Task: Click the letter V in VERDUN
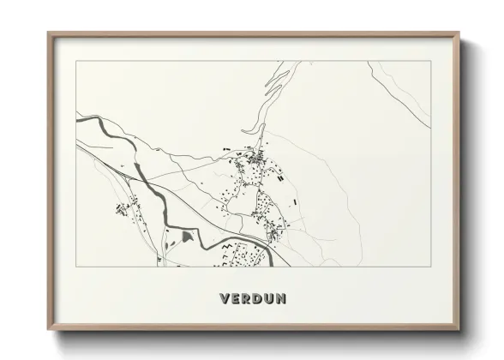225,299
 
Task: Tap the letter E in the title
237,299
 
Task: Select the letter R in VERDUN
249,299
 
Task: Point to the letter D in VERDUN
260,299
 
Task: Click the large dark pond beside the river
187,234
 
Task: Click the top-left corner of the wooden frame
49,33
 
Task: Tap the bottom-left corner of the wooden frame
49,330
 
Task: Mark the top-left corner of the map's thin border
76,61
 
